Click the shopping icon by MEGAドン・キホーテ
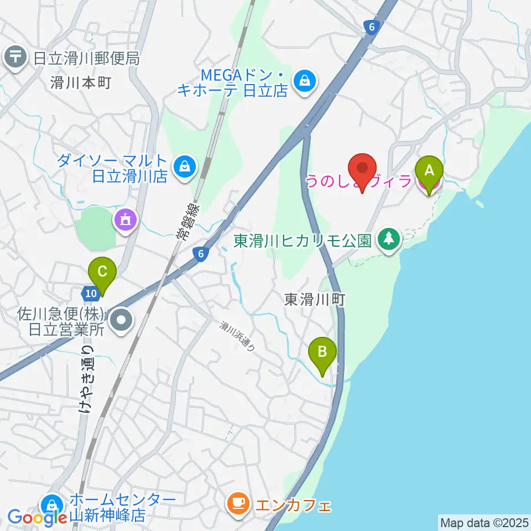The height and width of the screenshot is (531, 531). coord(305,81)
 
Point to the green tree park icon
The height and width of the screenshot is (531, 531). coord(390,239)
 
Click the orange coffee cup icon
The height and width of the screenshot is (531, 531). coord(238,503)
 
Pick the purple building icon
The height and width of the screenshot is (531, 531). coord(126,221)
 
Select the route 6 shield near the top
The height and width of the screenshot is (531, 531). coord(371,26)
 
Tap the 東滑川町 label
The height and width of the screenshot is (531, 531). coord(315,300)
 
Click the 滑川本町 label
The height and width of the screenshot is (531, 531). coord(81,83)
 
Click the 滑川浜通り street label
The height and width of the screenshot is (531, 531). coord(237,337)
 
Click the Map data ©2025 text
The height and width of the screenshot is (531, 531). coord(483,522)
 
